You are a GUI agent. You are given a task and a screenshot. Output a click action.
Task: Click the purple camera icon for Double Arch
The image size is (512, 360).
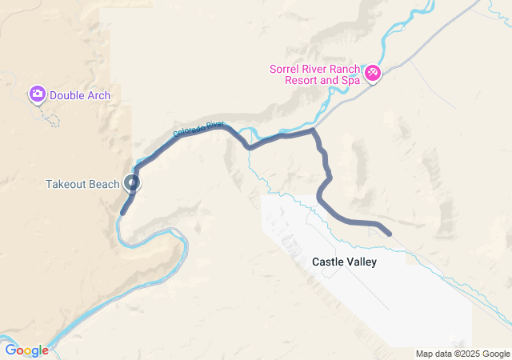(37, 94)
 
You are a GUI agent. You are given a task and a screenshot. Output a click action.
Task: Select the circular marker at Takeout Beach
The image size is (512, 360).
(133, 183)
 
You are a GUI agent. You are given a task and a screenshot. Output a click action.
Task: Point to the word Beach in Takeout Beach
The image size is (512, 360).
(105, 184)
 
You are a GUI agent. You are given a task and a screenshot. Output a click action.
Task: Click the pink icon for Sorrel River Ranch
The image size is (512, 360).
(372, 74)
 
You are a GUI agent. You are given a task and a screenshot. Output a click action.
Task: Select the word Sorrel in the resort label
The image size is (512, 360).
(286, 69)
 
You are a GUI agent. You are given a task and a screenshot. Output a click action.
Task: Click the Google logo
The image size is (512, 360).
(26, 350)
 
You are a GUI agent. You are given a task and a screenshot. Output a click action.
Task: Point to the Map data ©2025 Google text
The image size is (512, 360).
(462, 354)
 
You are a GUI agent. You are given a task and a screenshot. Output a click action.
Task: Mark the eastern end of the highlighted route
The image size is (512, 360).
(389, 234)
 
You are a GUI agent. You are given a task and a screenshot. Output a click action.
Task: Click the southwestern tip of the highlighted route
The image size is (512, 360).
(122, 213)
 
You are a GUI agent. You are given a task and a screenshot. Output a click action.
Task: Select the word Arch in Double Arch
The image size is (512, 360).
(99, 96)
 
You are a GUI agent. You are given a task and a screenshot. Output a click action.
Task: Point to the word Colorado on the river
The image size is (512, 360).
(188, 132)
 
